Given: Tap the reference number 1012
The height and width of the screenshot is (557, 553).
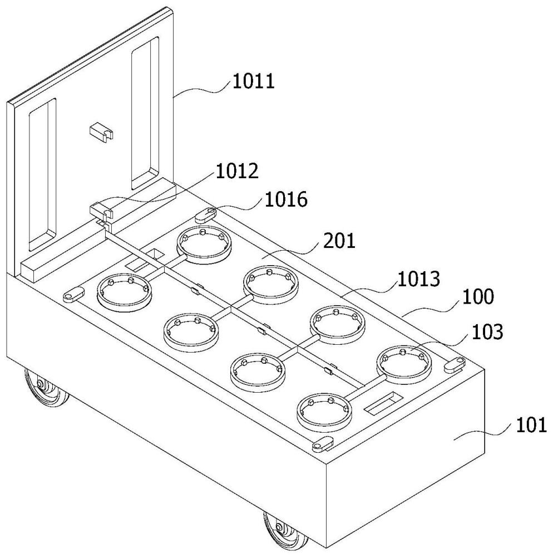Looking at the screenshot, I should pos(237,172).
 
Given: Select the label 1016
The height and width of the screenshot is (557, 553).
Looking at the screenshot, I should pos(285,200).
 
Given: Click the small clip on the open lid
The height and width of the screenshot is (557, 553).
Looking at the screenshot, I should pos(100,133).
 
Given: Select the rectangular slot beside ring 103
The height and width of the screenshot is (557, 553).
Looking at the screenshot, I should pos(382,402).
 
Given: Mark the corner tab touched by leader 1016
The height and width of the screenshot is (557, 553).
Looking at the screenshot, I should pos(206,212).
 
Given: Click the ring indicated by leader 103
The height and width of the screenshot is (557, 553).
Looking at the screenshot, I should pos(404,363).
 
